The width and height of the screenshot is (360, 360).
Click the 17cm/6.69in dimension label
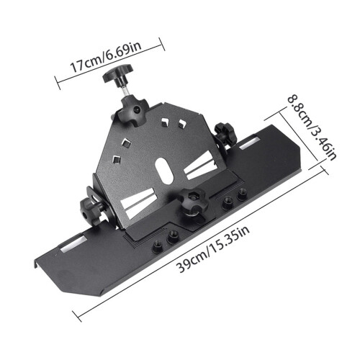(106, 57)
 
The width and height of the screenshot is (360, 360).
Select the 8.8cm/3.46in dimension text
(312, 129)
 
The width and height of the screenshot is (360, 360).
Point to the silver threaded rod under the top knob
(125, 91)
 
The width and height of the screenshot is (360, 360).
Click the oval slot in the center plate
(165, 171)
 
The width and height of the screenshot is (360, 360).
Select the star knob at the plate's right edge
(225, 134)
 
